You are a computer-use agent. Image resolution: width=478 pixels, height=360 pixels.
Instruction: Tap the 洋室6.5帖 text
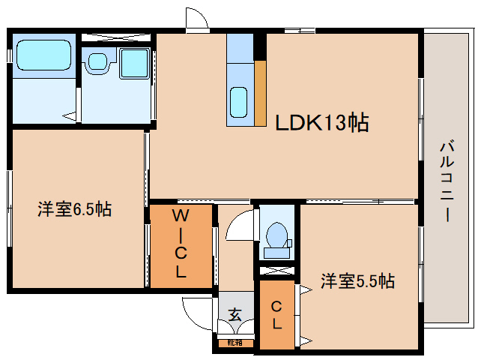coord(74,210)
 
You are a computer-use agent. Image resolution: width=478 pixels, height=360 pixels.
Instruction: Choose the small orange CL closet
coord(276,314)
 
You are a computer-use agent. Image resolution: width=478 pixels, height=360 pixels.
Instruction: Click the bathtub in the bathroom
coord(42,55)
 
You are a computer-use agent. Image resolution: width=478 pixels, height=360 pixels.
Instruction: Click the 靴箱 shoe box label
coord(235,343)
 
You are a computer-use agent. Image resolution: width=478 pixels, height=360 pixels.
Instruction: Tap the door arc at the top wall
coord(196,19)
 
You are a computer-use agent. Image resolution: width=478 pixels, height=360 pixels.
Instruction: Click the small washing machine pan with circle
coord(96,63)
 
